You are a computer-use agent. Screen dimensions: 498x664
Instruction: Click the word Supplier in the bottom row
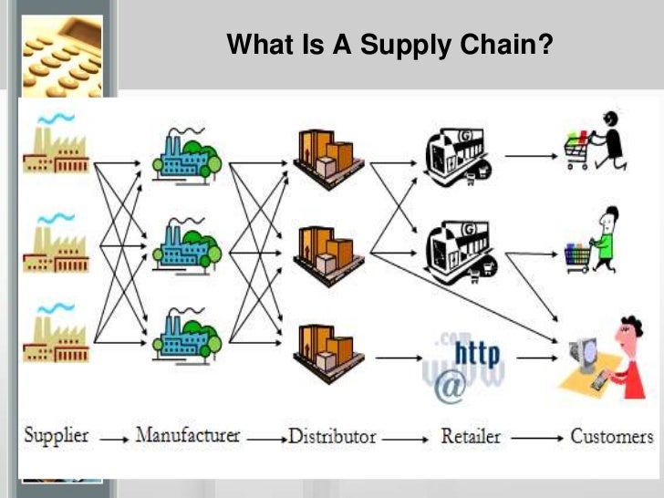(x=57, y=435)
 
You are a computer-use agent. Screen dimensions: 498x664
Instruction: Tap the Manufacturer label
(x=187, y=435)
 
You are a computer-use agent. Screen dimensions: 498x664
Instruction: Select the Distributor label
(x=332, y=436)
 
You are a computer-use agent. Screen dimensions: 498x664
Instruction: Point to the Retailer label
(x=471, y=436)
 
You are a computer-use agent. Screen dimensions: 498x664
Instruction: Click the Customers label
(x=612, y=436)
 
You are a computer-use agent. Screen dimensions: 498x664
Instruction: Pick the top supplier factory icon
(x=55, y=146)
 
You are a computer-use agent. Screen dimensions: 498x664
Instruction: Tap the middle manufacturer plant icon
(x=188, y=242)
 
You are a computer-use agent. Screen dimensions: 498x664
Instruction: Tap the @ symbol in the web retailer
(x=450, y=388)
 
